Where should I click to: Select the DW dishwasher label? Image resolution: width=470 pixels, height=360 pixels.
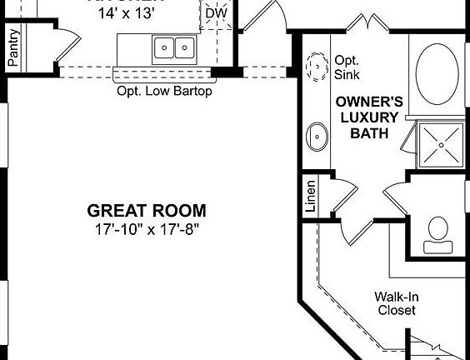click(215, 13)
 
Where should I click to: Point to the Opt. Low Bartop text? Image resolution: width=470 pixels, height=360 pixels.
click(164, 91)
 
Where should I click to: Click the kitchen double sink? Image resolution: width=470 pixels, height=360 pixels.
click(174, 47)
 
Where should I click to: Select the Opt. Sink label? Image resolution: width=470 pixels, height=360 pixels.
click(346, 67)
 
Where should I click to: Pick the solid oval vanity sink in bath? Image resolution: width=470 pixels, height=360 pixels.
click(317, 136)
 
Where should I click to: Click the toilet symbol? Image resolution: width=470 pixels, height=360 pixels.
click(438, 234)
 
